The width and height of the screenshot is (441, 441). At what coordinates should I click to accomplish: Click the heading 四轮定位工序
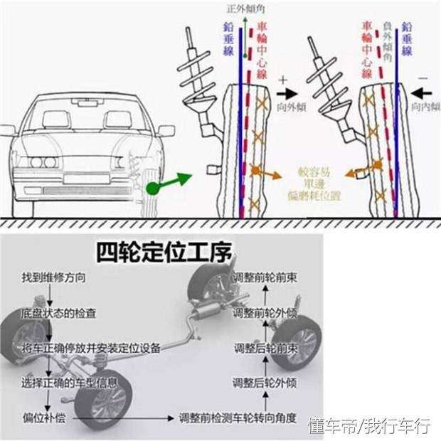[x=168, y=252]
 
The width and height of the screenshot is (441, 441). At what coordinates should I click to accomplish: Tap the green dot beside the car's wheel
[x=152, y=188]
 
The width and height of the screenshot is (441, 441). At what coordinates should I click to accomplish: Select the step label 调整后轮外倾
[x=265, y=383]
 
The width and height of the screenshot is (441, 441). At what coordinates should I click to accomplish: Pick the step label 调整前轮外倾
[x=265, y=313]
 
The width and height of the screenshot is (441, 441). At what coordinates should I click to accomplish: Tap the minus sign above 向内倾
[x=423, y=75]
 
